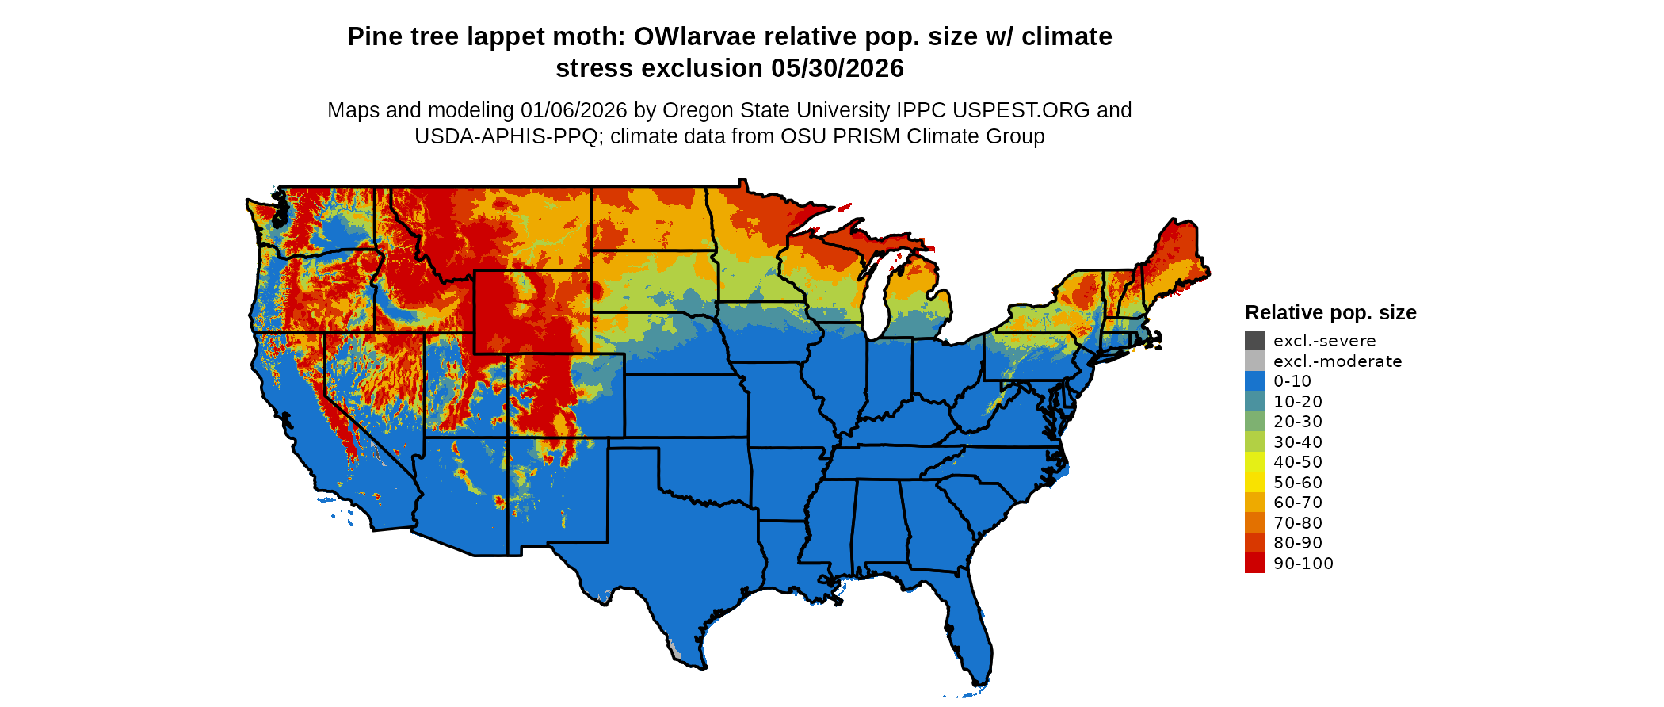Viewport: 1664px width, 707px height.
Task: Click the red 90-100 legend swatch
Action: click(x=1254, y=563)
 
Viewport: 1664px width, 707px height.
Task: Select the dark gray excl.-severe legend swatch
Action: click(x=1254, y=341)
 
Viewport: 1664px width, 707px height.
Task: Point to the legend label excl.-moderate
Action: click(x=1338, y=361)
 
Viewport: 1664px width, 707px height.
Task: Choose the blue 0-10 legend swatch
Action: click(x=1254, y=381)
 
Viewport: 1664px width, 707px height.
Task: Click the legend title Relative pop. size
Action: click(x=1330, y=312)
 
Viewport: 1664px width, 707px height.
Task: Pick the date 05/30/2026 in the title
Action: click(x=838, y=69)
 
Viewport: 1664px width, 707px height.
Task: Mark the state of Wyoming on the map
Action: click(x=532, y=311)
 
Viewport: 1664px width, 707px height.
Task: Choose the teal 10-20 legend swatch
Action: click(x=1254, y=402)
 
